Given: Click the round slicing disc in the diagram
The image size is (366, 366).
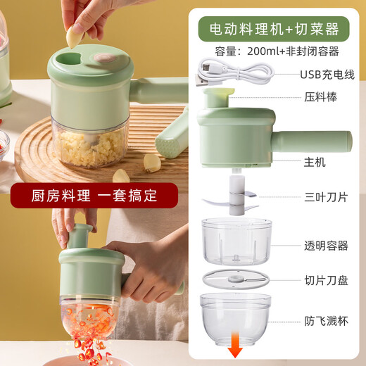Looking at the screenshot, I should [x=236, y=278].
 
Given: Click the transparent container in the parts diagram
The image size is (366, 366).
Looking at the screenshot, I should [x=236, y=241].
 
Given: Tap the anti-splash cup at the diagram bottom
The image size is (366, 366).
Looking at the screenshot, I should [x=236, y=317].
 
